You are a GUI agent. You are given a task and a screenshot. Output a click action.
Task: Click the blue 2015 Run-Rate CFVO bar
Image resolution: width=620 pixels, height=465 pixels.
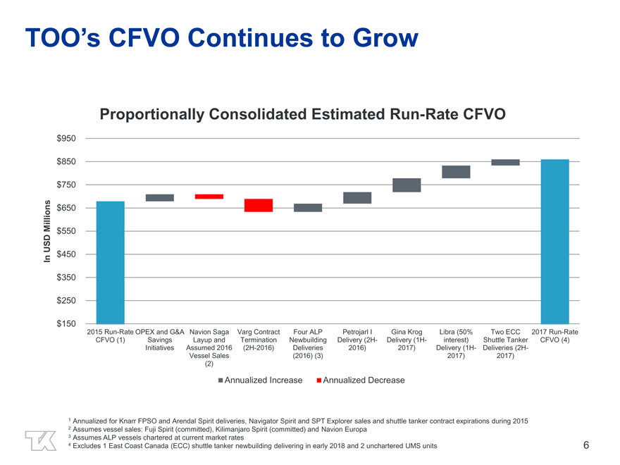111,262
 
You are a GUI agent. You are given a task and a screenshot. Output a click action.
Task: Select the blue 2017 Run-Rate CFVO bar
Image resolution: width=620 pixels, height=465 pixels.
555,241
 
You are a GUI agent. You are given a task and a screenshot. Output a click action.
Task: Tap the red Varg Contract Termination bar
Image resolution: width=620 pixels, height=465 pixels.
259,205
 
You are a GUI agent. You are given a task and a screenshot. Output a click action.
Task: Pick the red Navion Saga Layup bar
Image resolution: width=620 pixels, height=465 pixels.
209,197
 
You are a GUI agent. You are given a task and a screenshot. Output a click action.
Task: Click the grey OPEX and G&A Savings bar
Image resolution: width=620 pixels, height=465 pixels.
160,198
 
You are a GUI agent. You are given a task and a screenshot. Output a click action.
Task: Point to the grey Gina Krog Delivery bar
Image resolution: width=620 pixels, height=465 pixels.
407,185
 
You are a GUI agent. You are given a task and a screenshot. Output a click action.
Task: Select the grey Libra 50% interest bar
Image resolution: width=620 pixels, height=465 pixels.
456,172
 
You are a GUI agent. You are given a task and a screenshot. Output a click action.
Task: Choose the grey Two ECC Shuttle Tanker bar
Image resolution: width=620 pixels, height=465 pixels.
505,163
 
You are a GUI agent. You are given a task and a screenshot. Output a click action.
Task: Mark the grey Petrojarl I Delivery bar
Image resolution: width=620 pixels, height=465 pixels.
357,198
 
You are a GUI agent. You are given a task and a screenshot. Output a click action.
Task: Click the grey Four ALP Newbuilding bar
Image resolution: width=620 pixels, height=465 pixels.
308,208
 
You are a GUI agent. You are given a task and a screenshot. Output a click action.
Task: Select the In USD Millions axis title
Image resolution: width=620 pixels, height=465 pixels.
45,232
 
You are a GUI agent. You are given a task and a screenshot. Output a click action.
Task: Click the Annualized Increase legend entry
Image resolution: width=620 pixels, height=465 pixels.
260,380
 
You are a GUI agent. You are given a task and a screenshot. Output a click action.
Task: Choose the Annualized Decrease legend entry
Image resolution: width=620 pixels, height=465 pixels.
360,380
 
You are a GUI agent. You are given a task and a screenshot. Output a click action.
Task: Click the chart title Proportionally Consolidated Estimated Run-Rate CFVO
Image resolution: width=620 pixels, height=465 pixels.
302,114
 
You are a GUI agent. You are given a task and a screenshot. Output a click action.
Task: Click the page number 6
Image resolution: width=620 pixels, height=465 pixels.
586,445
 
